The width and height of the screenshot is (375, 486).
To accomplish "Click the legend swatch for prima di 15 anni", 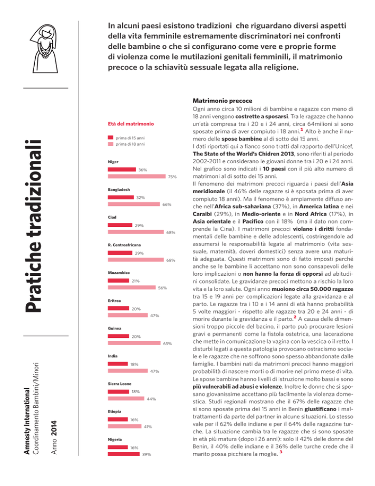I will [110, 138].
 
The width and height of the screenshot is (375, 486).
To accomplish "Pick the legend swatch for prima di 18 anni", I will [110, 145].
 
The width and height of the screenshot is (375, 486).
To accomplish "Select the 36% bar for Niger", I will [122, 169].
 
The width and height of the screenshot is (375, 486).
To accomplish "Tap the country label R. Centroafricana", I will [124, 243].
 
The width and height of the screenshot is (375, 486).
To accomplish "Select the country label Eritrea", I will [115, 300].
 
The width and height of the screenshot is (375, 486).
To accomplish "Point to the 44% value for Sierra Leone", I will [151, 399].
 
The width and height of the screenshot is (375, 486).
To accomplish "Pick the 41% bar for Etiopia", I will [124, 427].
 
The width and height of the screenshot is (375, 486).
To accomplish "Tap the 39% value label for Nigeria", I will [146, 455].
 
